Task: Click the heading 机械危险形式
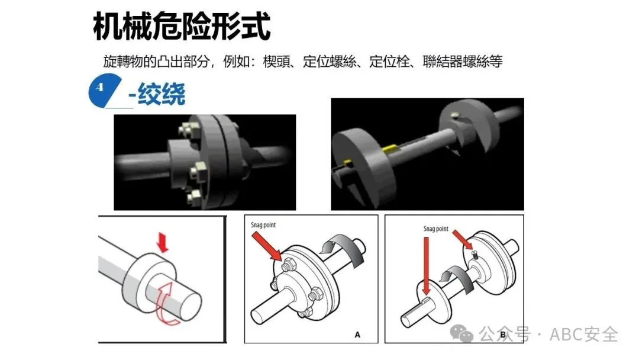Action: (x=182, y=26)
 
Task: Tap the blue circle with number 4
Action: (x=101, y=90)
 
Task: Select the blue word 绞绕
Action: (x=162, y=94)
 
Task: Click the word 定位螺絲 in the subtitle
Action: (x=330, y=62)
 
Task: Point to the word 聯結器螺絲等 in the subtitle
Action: (x=463, y=62)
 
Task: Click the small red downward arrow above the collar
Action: (x=163, y=242)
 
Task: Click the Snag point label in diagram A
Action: (x=263, y=225)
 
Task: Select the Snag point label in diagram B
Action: (x=435, y=229)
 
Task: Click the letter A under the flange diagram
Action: (x=357, y=335)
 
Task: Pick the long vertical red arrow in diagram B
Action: (x=426, y=266)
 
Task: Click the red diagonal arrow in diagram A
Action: (x=267, y=247)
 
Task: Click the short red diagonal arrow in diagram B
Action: (x=463, y=239)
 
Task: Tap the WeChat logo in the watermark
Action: (x=461, y=333)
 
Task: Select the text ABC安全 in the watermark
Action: (x=583, y=335)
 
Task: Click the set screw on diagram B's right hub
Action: (x=475, y=254)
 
